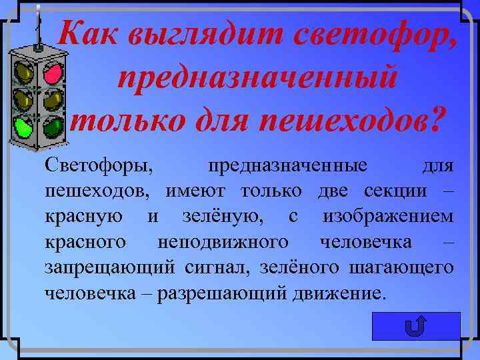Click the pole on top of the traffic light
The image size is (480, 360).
38,27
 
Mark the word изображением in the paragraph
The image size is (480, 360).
388,216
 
